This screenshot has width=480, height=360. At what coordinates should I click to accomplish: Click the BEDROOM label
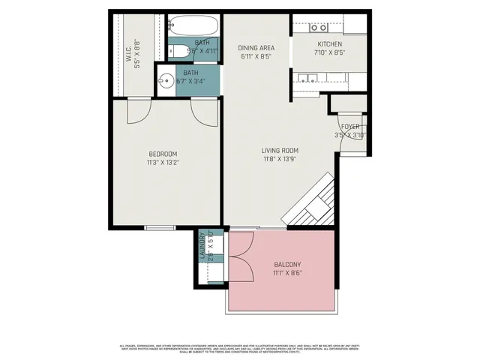pos(163,154)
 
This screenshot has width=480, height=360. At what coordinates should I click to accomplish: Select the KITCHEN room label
pos(329,45)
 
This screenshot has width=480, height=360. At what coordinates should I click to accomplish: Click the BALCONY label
pos(287,265)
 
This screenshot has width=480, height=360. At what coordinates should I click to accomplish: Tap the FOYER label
pos(350,127)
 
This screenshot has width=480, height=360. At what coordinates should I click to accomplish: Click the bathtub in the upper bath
pos(191,28)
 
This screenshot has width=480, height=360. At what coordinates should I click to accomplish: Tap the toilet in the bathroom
pos(178,52)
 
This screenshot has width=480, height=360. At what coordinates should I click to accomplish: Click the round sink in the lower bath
pos(166,80)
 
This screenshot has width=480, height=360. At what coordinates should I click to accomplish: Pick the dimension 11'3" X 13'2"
pos(163,162)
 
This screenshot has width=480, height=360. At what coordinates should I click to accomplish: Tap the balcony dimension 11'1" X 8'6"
pos(287,273)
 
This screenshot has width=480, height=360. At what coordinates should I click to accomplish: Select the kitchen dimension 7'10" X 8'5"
pos(329,53)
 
